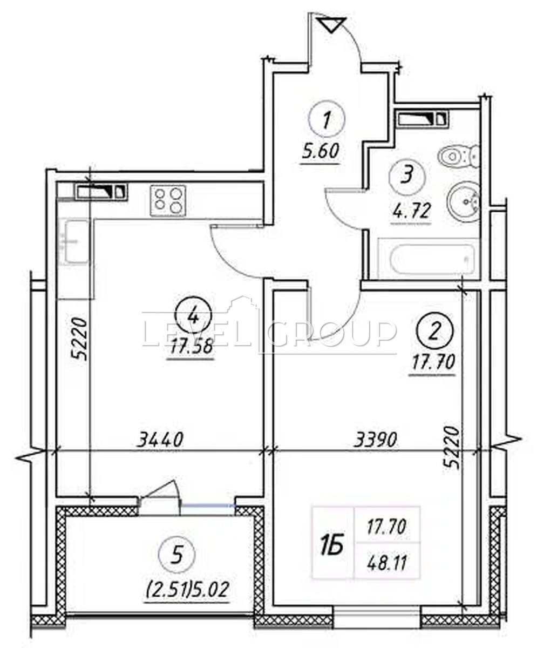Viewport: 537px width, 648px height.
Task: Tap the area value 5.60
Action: point(321,152)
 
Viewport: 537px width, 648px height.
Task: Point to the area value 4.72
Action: point(410,211)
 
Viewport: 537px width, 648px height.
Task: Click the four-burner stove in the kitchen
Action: point(168,200)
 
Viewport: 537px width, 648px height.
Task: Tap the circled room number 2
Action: point(435,332)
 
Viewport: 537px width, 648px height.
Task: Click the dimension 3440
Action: point(160,440)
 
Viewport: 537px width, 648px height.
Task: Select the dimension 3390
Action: point(376,440)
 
